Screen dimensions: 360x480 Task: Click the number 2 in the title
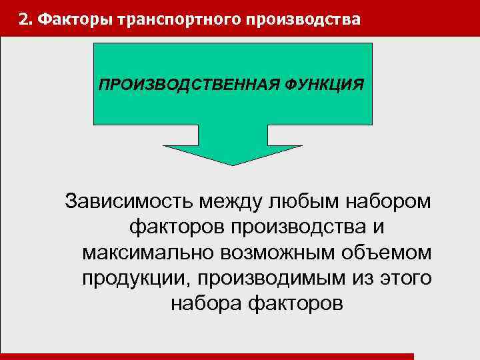pos(23,19)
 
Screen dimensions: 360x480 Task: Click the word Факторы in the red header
pos(75,19)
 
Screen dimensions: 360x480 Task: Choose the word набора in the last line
pos(206,304)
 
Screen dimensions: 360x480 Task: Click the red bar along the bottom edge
pos(207,357)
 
